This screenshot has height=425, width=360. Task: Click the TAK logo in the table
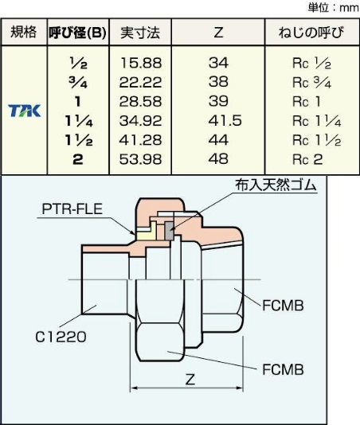[24, 111]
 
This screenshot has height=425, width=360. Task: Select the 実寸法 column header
[140, 33]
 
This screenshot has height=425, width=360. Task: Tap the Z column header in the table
[218, 33]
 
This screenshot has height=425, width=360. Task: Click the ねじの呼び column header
[311, 33]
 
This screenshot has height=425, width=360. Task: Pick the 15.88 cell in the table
[140, 63]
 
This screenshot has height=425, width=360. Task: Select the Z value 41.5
[225, 121]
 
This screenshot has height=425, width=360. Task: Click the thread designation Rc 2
[307, 159]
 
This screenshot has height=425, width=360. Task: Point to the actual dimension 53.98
[140, 159]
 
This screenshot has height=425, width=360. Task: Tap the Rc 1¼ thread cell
[317, 121]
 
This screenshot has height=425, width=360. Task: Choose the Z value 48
[219, 159]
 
